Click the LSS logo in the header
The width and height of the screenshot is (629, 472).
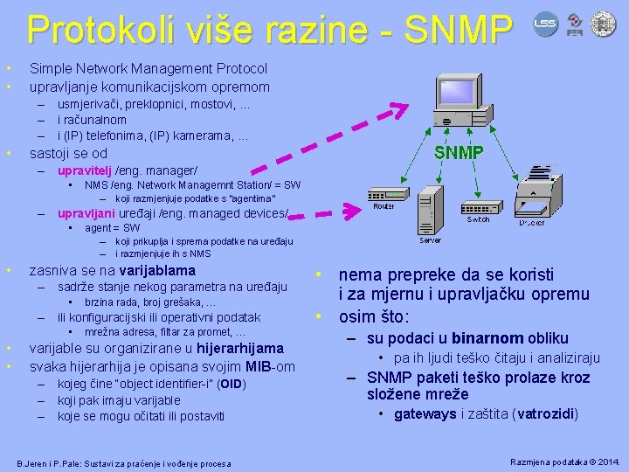pyautogui.click(x=545, y=23)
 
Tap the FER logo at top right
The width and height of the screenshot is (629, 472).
pyautogui.click(x=575, y=24)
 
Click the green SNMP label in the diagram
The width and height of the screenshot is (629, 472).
pyautogui.click(x=460, y=152)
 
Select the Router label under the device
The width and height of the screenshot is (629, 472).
pyautogui.click(x=384, y=207)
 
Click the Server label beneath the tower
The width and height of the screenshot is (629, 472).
pyautogui.click(x=430, y=239)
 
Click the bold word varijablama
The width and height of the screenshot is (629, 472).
pyautogui.click(x=157, y=270)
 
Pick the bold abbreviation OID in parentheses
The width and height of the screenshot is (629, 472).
pyautogui.click(x=231, y=384)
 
